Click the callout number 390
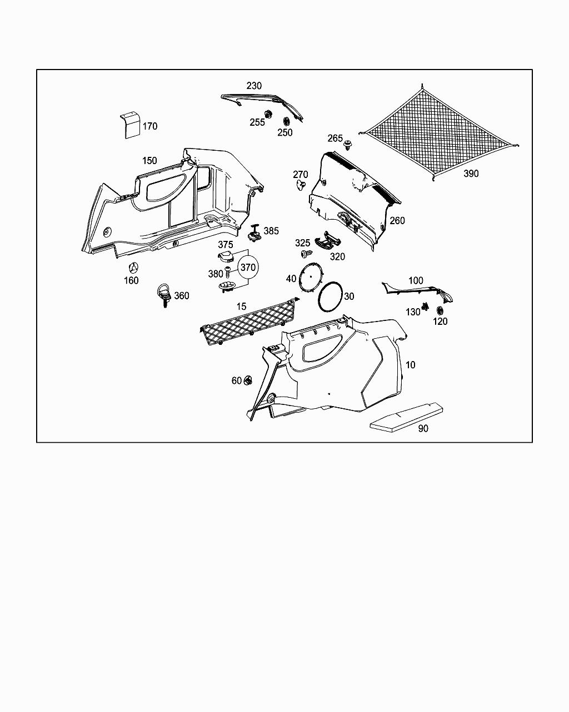[471, 174]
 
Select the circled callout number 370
[248, 268]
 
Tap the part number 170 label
[150, 126]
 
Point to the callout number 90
[423, 429]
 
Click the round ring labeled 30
[330, 296]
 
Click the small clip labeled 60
[248, 381]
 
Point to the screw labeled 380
[228, 273]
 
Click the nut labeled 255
[267, 115]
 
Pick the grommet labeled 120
[440, 310]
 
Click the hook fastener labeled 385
[256, 233]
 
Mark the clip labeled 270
[301, 185]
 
